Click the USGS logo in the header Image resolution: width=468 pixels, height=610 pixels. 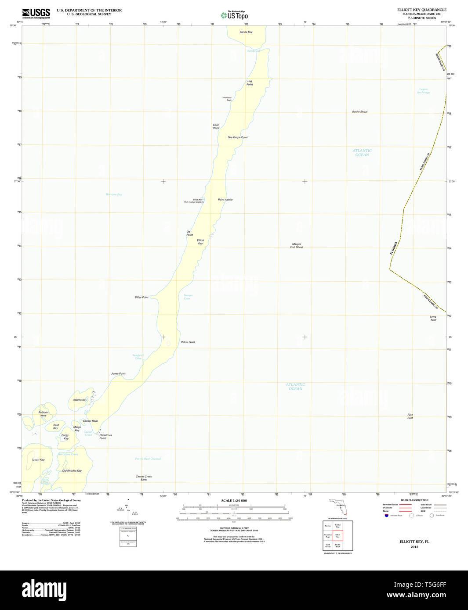(x=36, y=13)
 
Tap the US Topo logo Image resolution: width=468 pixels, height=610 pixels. (x=234, y=15)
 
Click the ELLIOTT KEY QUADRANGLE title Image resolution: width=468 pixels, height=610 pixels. (x=421, y=10)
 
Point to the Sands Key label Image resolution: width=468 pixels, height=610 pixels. (x=246, y=32)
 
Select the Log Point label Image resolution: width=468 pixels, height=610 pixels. (x=250, y=83)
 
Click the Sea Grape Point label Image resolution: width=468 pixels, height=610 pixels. (x=237, y=137)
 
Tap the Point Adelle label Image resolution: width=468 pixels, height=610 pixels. (x=225, y=200)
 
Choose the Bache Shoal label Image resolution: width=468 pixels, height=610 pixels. (x=359, y=112)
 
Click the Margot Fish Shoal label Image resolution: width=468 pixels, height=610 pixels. (x=297, y=246)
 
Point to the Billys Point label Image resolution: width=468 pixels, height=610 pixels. (x=141, y=298)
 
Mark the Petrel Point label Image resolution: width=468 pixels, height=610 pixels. (x=188, y=342)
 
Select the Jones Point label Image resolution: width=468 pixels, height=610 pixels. (x=118, y=374)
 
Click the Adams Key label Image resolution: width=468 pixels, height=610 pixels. (x=80, y=400)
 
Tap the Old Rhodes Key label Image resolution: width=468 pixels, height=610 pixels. (x=72, y=471)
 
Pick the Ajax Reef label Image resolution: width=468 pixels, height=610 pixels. (x=410, y=416)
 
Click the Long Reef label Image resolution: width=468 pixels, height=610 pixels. (x=433, y=318)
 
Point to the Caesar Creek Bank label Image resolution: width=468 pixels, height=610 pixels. (x=144, y=478)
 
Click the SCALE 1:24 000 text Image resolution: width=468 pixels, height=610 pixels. (x=234, y=501)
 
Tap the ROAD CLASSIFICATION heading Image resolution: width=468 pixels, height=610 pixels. (x=414, y=500)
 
